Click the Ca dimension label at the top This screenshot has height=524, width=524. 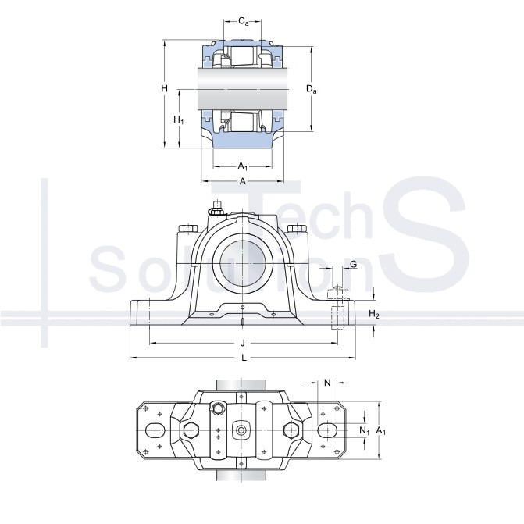[244, 22]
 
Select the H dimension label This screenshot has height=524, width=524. [164, 88]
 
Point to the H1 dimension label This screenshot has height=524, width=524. [179, 119]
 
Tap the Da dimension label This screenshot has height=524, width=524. [311, 89]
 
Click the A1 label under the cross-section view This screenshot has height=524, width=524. [243, 166]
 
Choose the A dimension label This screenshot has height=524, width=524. [243, 181]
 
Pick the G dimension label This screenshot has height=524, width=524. [353, 264]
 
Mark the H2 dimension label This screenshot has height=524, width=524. [374, 314]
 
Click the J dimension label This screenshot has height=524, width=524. [243, 343]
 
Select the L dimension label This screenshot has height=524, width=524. [244, 358]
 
